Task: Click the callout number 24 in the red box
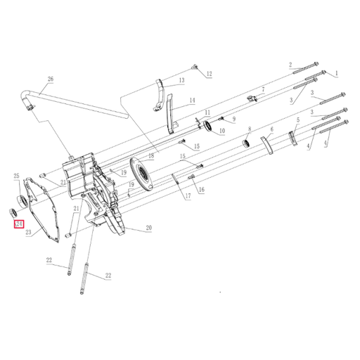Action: [x=19, y=224]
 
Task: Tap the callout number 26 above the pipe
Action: [x=50, y=79]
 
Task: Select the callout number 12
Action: [x=208, y=74]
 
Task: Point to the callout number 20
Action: [x=148, y=228]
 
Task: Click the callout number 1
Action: [x=336, y=72]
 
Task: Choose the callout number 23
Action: [x=29, y=232]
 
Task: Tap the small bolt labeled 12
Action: [x=193, y=68]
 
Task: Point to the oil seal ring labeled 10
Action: [x=209, y=125]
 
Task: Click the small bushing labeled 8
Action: [x=247, y=143]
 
